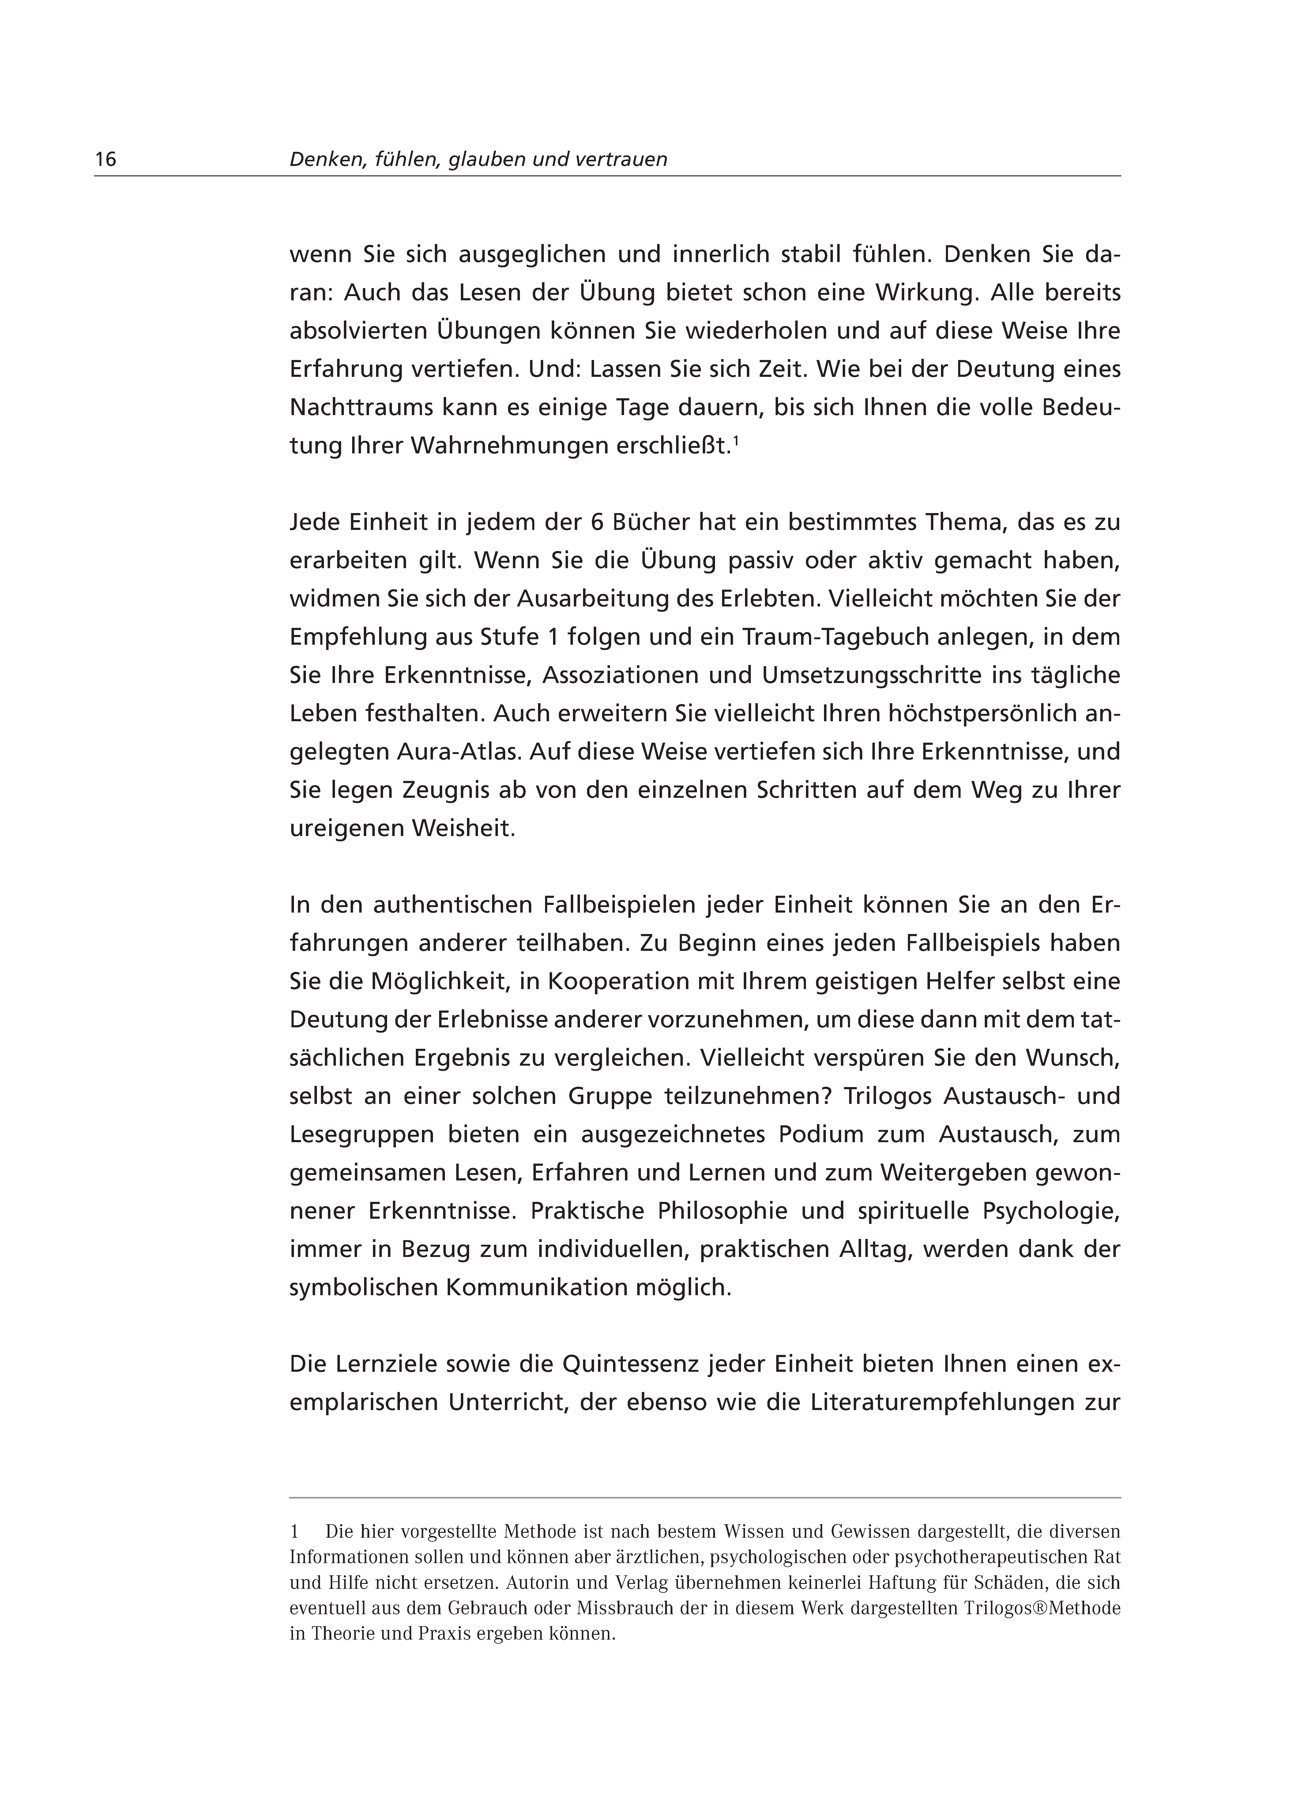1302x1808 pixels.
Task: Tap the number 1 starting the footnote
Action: click(x=294, y=1531)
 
